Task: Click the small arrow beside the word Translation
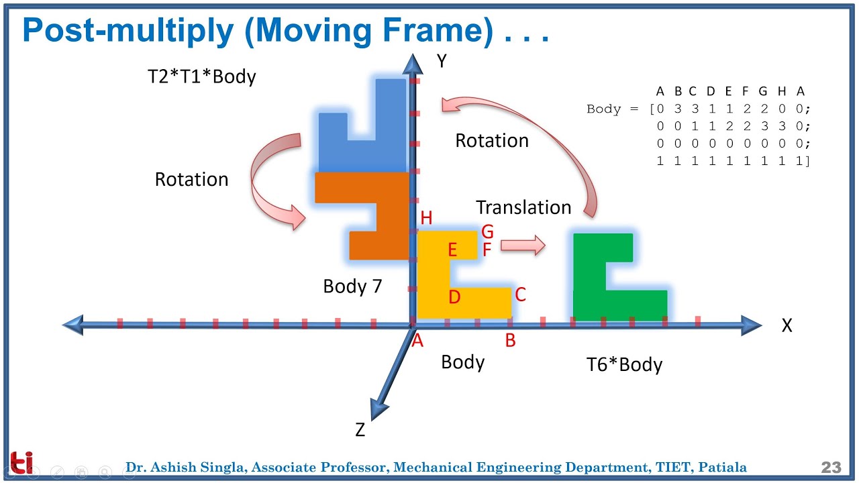523,246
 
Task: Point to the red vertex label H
426,218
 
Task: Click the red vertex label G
487,232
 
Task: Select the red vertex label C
520,294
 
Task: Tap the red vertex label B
510,341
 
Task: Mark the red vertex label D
454,297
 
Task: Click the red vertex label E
452,250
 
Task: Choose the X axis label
787,326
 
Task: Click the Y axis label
441,62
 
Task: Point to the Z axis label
360,431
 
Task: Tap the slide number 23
831,468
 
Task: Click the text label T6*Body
624,365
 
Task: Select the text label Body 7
352,286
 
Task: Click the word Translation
523,207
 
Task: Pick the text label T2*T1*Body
201,76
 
